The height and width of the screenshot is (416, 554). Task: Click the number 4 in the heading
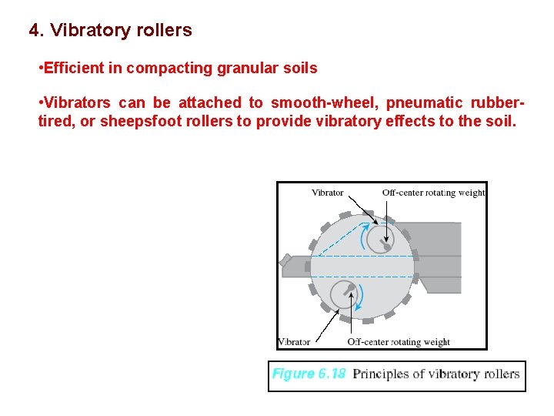(34, 31)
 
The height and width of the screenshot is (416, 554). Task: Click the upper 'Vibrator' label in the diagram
(327, 193)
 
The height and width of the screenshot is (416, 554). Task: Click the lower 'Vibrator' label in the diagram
(294, 341)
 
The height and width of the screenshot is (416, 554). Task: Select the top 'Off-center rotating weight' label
(433, 193)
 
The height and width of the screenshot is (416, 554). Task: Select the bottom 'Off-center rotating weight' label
(399, 341)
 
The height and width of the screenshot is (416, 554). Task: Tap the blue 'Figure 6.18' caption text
(309, 374)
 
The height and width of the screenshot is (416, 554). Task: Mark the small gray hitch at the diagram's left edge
(292, 264)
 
